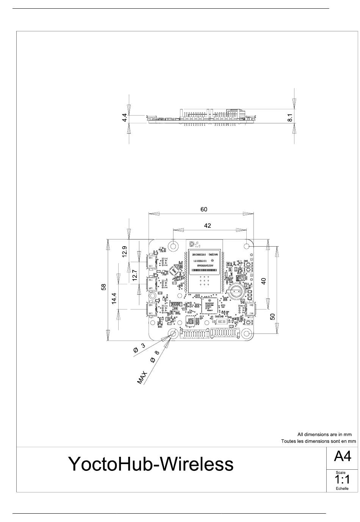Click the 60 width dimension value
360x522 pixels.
(204, 209)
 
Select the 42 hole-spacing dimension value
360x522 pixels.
(207, 225)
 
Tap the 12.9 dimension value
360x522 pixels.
(125, 252)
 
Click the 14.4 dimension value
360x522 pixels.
(114, 298)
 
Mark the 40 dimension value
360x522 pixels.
(264, 281)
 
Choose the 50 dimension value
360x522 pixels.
(272, 316)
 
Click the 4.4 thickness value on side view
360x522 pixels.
(124, 118)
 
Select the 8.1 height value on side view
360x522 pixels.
(290, 118)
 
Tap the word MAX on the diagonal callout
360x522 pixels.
(142, 378)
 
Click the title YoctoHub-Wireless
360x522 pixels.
(150, 464)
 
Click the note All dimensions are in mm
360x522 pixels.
(324, 434)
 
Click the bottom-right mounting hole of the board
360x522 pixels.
(247, 334)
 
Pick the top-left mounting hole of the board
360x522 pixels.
(174, 245)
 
